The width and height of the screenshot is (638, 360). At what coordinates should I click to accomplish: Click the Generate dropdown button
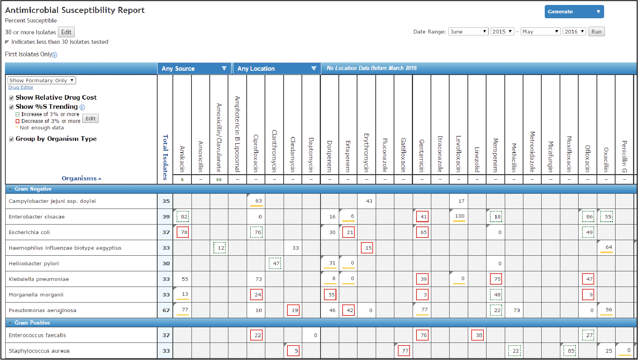point(574,12)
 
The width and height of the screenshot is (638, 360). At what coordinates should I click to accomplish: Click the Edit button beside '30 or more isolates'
point(66,32)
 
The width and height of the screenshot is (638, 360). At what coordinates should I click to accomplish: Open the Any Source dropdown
point(194,68)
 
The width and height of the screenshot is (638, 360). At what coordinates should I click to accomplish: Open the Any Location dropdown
point(277,68)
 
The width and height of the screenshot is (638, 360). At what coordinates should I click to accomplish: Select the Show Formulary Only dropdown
point(42,80)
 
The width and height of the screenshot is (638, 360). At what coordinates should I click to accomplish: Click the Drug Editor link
point(21,87)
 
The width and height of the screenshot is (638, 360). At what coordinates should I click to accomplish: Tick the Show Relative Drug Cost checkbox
point(11,98)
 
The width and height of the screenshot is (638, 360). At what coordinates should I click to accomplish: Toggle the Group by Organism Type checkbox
point(11,139)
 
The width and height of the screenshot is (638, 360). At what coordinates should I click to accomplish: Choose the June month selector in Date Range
point(468,32)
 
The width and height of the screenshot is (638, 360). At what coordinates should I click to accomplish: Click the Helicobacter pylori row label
point(34,263)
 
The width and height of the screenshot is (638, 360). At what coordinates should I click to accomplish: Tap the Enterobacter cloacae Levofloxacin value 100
point(459,216)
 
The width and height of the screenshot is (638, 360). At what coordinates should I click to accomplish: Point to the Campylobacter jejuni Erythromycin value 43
point(369,201)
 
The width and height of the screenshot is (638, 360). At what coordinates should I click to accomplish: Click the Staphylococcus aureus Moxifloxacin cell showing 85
point(569,351)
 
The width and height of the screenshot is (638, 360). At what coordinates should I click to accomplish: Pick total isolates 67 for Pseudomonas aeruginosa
point(166,310)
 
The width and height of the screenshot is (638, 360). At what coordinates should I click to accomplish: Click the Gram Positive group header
point(32,323)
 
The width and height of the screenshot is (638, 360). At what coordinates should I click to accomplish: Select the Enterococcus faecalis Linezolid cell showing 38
point(478,335)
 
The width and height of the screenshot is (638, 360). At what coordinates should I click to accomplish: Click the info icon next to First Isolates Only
point(54,55)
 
